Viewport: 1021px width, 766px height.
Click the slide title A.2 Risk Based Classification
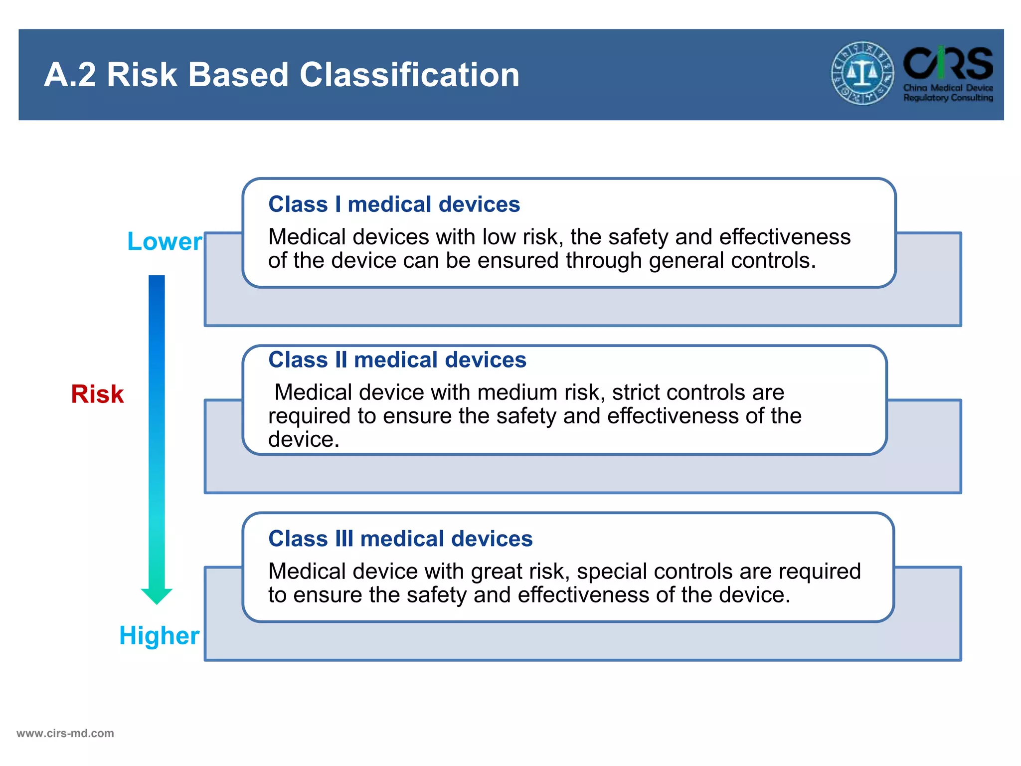click(x=282, y=75)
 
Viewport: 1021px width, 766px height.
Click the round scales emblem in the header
click(x=862, y=73)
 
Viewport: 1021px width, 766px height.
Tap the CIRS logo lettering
click(x=948, y=63)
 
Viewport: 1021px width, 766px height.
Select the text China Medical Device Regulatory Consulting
click(x=948, y=93)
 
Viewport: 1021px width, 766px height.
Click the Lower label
click(x=165, y=241)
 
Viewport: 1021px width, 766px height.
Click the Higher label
click(x=159, y=636)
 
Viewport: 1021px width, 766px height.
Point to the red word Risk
click(x=97, y=394)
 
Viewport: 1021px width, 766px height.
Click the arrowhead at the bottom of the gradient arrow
click(x=157, y=595)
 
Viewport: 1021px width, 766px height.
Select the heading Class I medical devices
click(x=394, y=204)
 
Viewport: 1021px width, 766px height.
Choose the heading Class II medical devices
click(x=397, y=360)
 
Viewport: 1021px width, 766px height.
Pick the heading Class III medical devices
click(x=400, y=539)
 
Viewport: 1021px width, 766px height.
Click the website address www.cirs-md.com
click(x=65, y=734)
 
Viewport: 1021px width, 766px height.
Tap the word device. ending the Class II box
click(x=304, y=439)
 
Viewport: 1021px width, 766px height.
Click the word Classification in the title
click(x=409, y=75)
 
